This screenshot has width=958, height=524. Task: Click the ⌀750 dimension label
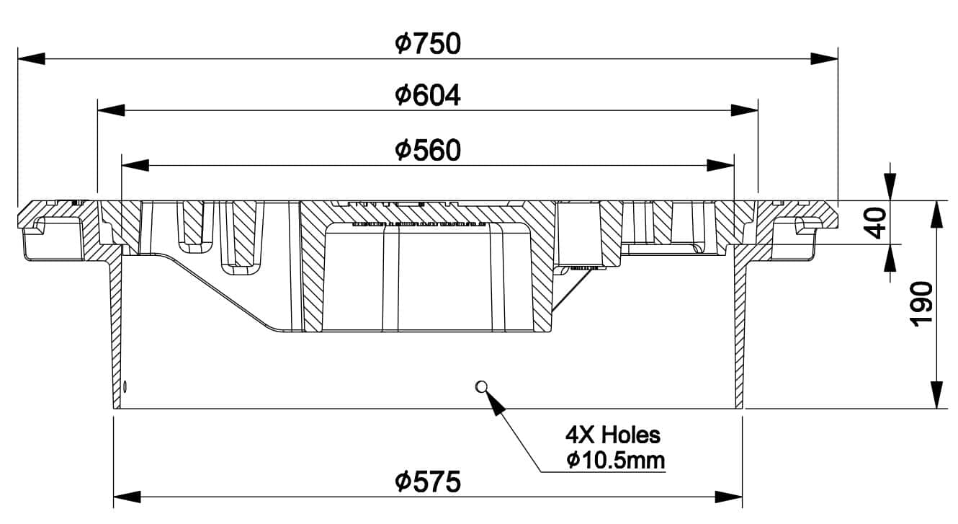[428, 44]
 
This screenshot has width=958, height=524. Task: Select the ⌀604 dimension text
[428, 95]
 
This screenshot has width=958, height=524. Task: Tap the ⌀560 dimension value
[428, 150]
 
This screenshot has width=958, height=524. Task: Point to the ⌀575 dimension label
[428, 481]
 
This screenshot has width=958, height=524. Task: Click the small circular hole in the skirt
[481, 386]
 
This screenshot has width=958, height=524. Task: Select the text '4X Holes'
[613, 435]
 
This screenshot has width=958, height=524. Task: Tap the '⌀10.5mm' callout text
[615, 461]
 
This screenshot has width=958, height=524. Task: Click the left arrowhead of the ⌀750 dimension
[31, 58]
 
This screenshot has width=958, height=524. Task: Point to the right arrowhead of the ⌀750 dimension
[824, 58]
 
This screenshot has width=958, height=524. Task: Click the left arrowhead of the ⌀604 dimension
[111, 110]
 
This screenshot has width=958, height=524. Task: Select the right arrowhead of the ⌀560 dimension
[720, 165]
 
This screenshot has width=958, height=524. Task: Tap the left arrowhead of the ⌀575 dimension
[127, 497]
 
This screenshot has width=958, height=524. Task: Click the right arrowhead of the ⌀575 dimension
[729, 497]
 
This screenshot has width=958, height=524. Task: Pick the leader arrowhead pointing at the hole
[494, 403]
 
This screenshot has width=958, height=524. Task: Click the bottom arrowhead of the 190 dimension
[936, 395]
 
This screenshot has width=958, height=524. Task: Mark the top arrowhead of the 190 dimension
[936, 214]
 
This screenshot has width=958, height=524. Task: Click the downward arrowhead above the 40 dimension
[890, 187]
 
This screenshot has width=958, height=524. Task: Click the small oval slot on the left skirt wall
[125, 386]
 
